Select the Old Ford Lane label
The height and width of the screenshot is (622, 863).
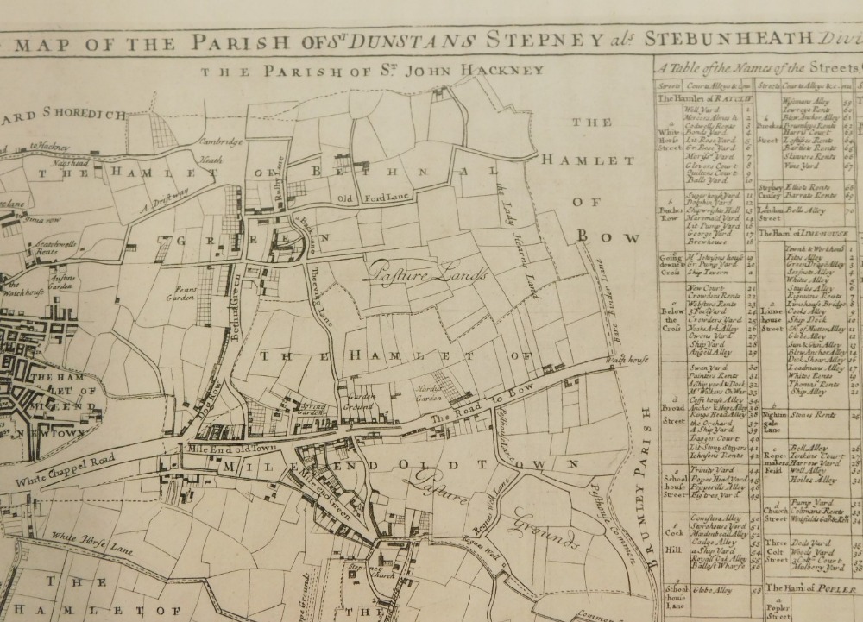pyautogui.click(x=363, y=201)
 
